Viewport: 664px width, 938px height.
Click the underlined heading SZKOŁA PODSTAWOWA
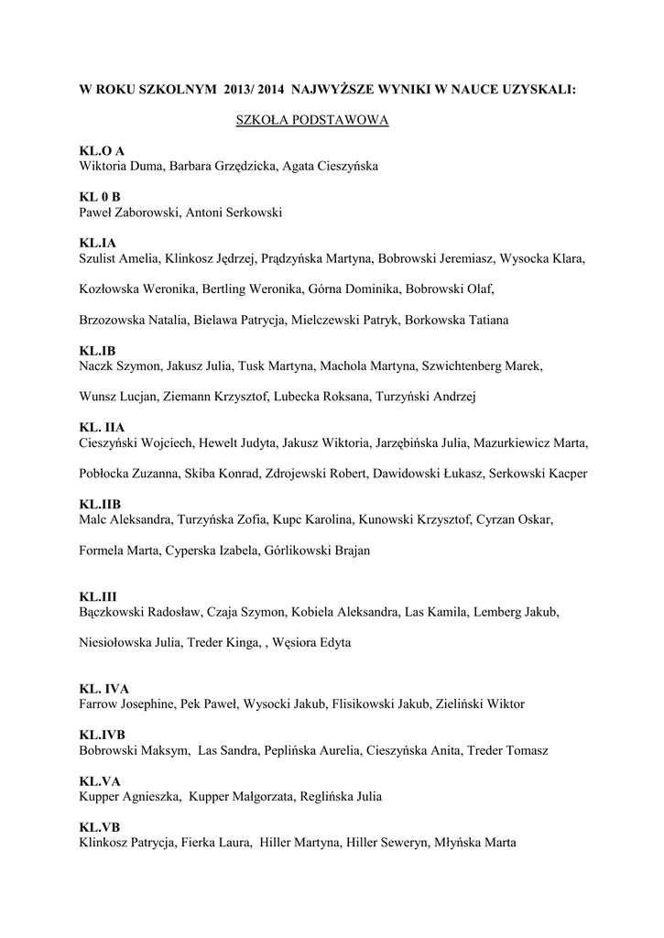click(x=313, y=121)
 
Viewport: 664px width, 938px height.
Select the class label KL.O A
click(x=102, y=151)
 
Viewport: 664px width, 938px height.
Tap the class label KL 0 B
click(x=101, y=197)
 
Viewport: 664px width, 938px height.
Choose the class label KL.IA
click(x=98, y=243)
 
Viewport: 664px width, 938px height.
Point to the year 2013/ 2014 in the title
click(x=254, y=91)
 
